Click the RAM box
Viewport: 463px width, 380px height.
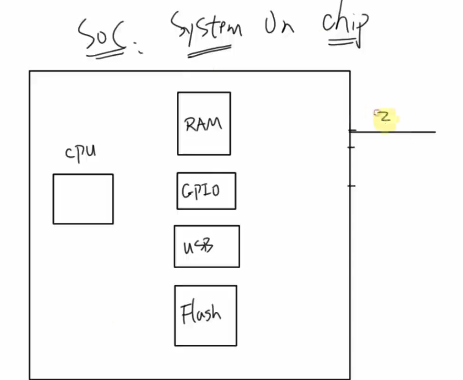point(204,123)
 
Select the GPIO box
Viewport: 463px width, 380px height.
point(206,190)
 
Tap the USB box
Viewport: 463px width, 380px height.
point(206,246)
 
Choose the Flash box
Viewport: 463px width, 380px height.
point(206,315)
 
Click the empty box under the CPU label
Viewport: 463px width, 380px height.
point(83,199)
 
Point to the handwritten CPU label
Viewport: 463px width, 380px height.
point(81,152)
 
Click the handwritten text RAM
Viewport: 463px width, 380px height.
point(203,124)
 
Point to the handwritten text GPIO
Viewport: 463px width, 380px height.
point(201,191)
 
